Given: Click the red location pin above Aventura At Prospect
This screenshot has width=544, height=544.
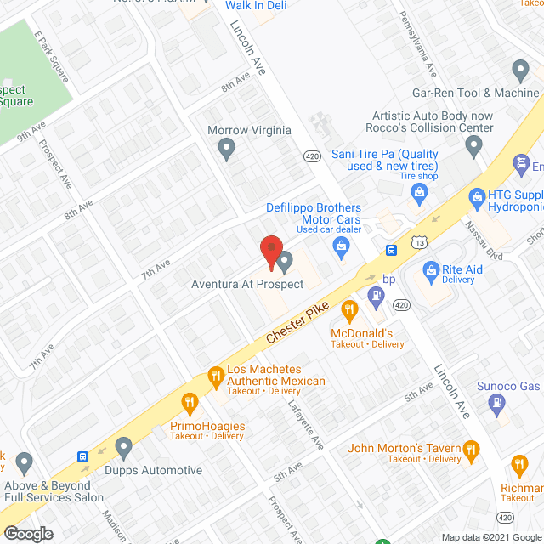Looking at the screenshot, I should pyautogui.click(x=270, y=251).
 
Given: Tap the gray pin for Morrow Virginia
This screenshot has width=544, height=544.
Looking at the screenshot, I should pyautogui.click(x=226, y=150).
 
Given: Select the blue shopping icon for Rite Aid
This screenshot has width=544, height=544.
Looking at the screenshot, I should pyautogui.click(x=431, y=272).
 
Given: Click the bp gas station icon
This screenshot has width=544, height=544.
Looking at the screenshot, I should pyautogui.click(x=375, y=294).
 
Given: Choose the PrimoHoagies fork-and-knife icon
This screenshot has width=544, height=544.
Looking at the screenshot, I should pyautogui.click(x=189, y=401).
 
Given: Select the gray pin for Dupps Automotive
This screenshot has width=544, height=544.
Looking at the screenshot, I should pyautogui.click(x=124, y=447).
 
